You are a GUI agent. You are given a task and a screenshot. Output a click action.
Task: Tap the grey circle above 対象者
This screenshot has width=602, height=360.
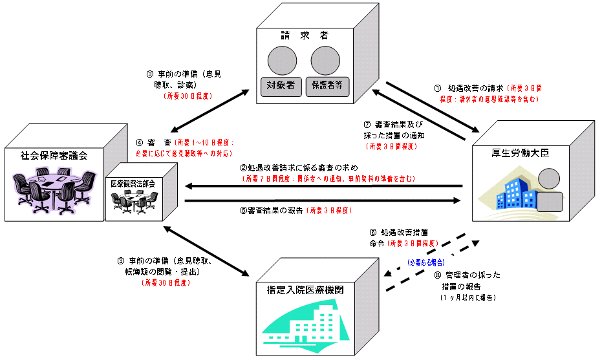[x=282, y=61]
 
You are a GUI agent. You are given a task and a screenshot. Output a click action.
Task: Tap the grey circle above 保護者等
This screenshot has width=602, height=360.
[x=326, y=61]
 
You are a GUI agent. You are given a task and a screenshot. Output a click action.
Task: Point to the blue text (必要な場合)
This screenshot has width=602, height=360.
[x=425, y=264]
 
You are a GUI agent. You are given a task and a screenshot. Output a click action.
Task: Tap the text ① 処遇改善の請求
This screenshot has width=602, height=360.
[x=469, y=89]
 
